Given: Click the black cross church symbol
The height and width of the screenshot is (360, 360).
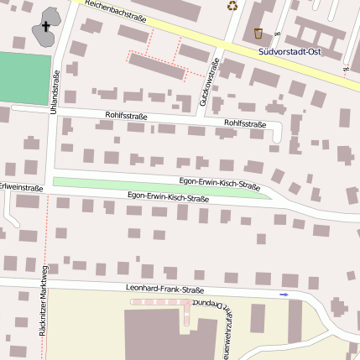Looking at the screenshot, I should click(x=45, y=28).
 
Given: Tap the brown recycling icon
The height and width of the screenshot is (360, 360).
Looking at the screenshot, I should click(x=232, y=5).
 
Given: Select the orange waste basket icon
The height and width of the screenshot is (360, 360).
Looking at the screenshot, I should click(x=258, y=34).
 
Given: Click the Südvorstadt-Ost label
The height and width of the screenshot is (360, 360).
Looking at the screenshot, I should click(x=290, y=52).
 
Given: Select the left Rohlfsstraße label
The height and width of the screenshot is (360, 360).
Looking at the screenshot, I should click(x=126, y=116).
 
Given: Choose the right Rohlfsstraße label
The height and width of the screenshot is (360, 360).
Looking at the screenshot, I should click(x=245, y=124).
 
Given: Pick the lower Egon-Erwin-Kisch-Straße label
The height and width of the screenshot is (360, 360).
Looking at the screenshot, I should click(x=168, y=197).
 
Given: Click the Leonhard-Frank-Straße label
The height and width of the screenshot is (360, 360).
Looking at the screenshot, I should click(x=165, y=290).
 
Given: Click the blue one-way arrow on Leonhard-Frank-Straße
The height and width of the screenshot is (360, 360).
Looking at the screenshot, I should click(x=284, y=295).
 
